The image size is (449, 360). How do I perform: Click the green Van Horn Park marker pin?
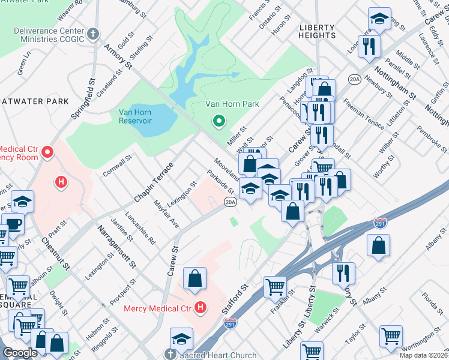pos(219,122)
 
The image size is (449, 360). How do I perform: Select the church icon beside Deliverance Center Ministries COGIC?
pos(92,33)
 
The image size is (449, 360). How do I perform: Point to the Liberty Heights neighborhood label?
pos(318,31)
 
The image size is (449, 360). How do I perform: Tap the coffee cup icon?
pos(13,224)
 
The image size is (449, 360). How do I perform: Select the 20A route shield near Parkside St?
pos(231,203)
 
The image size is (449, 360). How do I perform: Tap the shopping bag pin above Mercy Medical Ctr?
pos(195,278)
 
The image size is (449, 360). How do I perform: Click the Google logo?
pos(20,353)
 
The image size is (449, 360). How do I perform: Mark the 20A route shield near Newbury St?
pos(355,79)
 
